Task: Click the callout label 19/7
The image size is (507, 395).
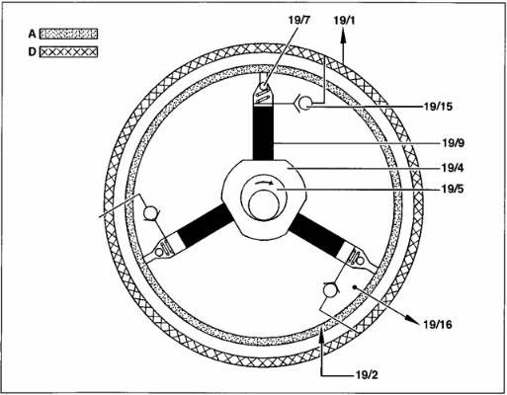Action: click(299, 20)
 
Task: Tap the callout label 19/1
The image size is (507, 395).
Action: click(345, 21)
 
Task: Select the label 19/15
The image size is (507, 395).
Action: click(438, 107)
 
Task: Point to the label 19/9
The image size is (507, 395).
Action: click(453, 143)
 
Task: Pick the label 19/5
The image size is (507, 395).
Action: click(453, 190)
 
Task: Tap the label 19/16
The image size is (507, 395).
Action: click(438, 325)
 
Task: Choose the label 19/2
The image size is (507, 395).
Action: click(367, 375)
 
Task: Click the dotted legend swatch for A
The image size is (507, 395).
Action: click(68, 34)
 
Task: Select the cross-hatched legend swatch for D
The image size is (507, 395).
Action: click(68, 52)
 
